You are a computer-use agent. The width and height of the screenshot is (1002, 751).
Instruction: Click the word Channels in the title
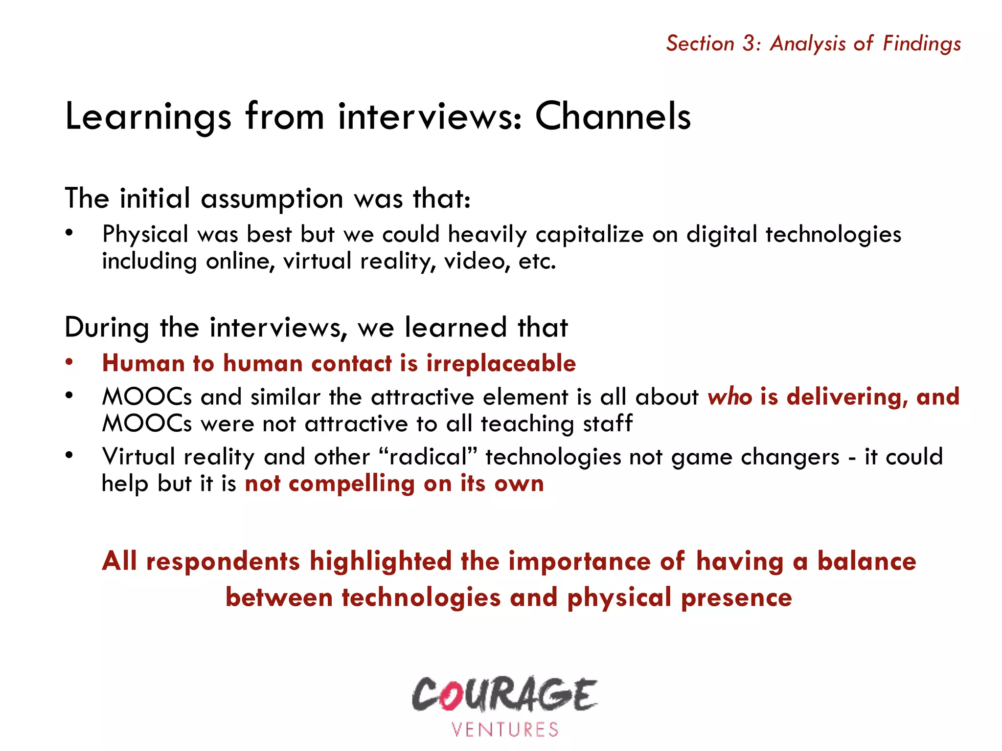coord(613,116)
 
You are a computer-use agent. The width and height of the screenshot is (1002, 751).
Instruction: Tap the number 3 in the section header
coord(749,44)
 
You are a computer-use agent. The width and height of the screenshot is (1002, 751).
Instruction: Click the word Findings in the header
coord(922,44)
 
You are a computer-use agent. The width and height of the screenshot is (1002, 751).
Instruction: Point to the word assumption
coord(272,199)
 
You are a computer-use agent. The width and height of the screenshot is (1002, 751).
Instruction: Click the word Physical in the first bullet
coord(145,234)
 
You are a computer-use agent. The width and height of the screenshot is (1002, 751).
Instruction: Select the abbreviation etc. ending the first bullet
coord(537,261)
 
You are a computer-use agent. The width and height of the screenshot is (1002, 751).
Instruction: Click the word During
coord(107,328)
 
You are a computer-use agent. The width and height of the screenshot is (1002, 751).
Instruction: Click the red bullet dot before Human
coord(69,362)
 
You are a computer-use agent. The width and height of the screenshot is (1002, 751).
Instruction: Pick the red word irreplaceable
coord(501,363)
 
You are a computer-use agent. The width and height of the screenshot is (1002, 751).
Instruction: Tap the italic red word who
coord(729,397)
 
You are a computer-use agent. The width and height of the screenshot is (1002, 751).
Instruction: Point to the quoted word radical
coord(428,457)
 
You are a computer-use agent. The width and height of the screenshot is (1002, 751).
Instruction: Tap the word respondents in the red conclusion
coord(223,561)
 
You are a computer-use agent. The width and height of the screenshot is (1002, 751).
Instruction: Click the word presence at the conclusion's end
coord(736,598)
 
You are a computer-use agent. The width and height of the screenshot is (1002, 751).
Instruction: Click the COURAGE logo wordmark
coord(504,694)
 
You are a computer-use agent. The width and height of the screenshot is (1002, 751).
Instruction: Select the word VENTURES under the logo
coord(504,729)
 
